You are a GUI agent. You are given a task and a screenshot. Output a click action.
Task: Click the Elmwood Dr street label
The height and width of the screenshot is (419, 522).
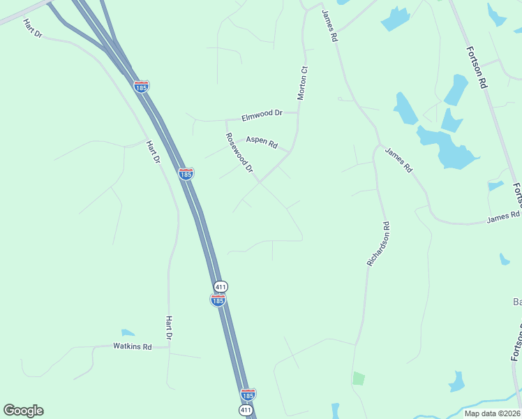[262, 114]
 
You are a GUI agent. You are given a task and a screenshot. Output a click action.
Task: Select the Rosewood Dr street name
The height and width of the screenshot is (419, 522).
[239, 154]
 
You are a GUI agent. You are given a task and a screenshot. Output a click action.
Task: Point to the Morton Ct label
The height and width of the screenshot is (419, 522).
[303, 83]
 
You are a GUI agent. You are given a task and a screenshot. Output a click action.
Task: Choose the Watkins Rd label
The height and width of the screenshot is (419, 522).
[133, 346]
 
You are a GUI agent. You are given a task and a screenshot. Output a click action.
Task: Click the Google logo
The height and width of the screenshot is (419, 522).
[23, 411]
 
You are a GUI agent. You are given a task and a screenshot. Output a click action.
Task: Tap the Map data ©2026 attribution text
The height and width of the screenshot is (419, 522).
[491, 413]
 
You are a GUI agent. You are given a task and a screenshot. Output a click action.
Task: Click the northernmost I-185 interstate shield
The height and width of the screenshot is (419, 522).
[141, 87]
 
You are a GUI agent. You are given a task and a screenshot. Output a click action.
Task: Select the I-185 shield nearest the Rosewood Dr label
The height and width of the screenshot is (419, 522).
[186, 174]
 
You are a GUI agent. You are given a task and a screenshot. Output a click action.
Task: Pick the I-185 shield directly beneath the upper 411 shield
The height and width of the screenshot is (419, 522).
[218, 300]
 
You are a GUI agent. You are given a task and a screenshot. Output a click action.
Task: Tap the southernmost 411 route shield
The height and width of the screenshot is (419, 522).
[245, 410]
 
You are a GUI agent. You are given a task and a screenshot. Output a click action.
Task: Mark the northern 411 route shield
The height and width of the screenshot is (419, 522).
[221, 287]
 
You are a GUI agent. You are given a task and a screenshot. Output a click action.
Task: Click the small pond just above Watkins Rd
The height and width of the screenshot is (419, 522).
[128, 333]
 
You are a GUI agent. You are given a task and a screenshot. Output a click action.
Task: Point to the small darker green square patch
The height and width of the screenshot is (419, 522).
[358, 378]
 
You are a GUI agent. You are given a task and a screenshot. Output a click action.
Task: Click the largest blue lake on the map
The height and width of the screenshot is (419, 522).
[447, 148]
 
